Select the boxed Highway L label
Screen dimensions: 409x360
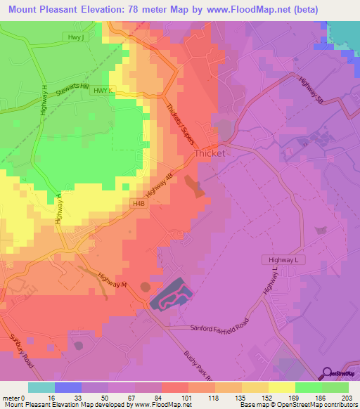[x=284, y=260]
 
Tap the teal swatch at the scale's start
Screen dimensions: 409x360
[x=41, y=387]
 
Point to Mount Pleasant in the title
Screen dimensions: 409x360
[x=46, y=10]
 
